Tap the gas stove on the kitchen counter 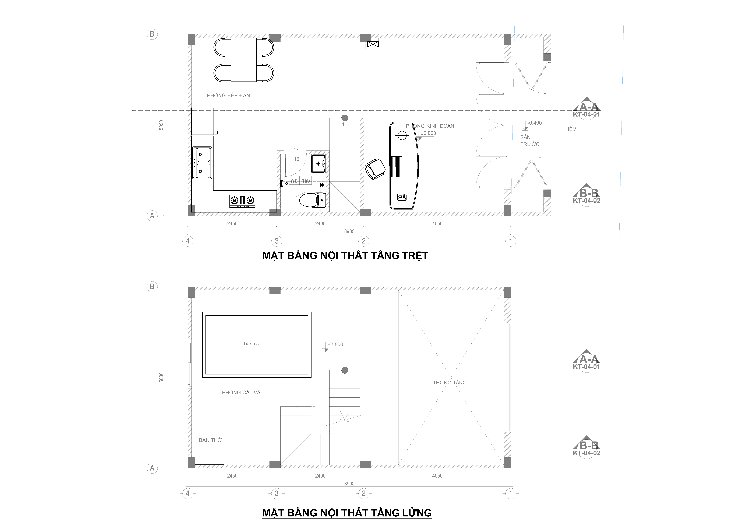(x=242, y=201)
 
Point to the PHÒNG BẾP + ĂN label (x=228, y=95)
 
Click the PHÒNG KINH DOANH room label (x=432, y=126)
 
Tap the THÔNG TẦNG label (x=450, y=383)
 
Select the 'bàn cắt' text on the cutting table (x=252, y=344)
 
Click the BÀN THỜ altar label (x=210, y=440)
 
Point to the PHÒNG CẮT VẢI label (x=242, y=392)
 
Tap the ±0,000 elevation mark (x=428, y=133)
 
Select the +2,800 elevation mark (x=335, y=344)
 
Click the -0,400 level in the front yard (x=534, y=123)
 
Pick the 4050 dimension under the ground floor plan (x=437, y=223)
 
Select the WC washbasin (x=318, y=164)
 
